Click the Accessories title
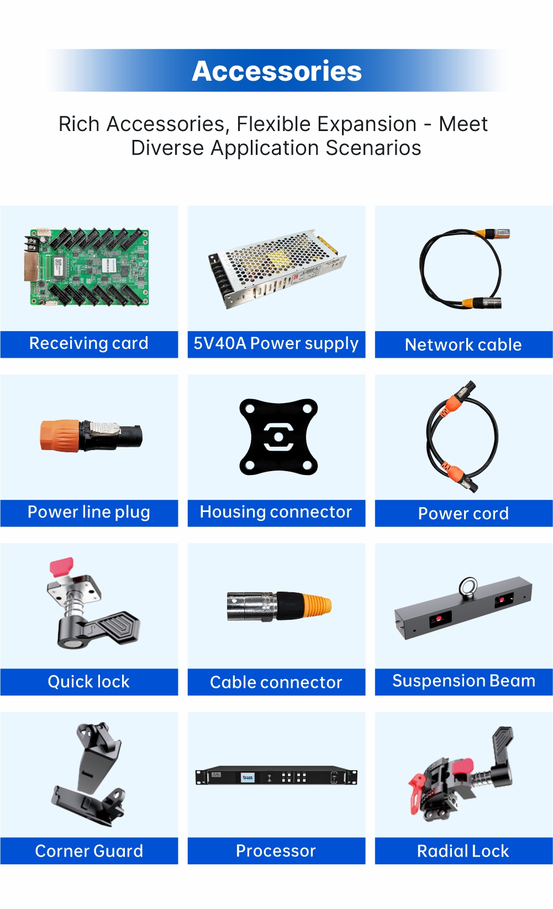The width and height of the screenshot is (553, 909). coord(276,71)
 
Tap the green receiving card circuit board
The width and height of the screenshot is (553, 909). coord(87,267)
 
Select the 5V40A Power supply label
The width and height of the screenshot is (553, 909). coord(276,344)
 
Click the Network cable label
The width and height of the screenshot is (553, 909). coord(463,345)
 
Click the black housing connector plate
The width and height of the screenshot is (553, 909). coord(278,437)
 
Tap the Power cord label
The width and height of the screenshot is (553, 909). coord(463,514)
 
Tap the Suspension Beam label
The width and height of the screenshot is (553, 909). coord(464,681)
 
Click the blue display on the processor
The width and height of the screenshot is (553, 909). coord(247,777)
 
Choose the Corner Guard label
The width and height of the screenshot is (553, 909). coord(89,851)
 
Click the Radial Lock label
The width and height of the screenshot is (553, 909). coord(463,851)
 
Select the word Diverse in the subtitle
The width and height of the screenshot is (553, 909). coord(167,148)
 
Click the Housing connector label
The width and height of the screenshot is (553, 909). coord(276,512)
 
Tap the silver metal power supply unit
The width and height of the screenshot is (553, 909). coord(276,268)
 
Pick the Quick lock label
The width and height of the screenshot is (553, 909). coord(89,682)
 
